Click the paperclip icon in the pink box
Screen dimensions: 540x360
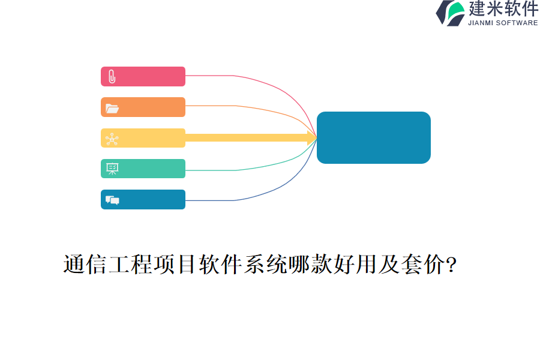click(112, 76)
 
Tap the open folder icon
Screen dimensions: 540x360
click(112, 109)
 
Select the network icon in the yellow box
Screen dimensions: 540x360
click(112, 139)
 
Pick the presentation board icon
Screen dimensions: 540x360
click(112, 169)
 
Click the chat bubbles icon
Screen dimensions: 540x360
click(112, 200)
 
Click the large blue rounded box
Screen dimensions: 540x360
click(374, 137)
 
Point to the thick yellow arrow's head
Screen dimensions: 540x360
click(312, 138)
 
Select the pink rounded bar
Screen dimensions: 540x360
click(143, 76)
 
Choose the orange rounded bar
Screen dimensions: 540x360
click(143, 107)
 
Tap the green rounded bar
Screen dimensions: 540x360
click(143, 169)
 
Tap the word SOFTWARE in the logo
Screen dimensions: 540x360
click(517, 23)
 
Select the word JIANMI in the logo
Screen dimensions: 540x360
click(481, 23)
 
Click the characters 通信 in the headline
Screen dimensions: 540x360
click(85, 265)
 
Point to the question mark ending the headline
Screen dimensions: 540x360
click(451, 265)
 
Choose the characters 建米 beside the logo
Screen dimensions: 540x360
click(485, 8)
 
